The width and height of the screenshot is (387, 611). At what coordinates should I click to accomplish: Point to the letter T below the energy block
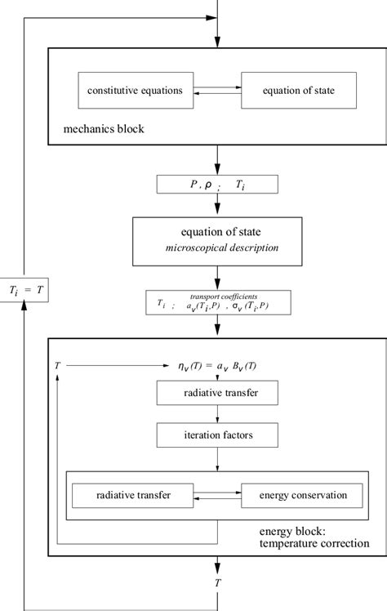point(218,582)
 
